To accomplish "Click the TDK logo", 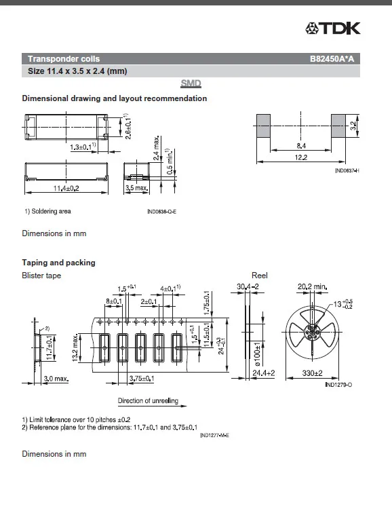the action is click(333, 29).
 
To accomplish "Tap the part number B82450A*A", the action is click(332, 59).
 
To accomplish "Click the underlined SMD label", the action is click(191, 83).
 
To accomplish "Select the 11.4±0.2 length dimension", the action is click(66, 188).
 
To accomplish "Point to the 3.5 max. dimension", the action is click(136, 188).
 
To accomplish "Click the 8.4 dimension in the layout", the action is click(301, 146).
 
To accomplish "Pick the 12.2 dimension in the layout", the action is click(301, 157).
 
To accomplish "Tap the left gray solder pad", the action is click(263, 126).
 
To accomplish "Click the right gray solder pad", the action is click(338, 126).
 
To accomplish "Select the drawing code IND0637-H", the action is click(347, 170).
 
